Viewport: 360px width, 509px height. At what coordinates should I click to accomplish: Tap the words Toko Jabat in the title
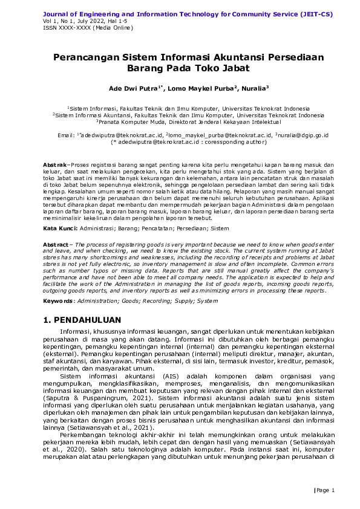pyautogui.click(x=210, y=69)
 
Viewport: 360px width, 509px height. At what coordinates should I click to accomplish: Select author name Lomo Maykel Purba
pyautogui.click(x=203, y=88)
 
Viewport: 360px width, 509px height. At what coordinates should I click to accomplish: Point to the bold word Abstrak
pyautogui.click(x=55, y=165)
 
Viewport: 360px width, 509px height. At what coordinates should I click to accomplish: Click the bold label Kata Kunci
pyautogui.click(x=59, y=229)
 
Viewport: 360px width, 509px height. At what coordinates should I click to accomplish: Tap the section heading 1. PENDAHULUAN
pyautogui.click(x=82, y=320)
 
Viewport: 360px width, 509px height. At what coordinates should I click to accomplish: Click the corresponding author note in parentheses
pyautogui.click(x=180, y=143)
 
